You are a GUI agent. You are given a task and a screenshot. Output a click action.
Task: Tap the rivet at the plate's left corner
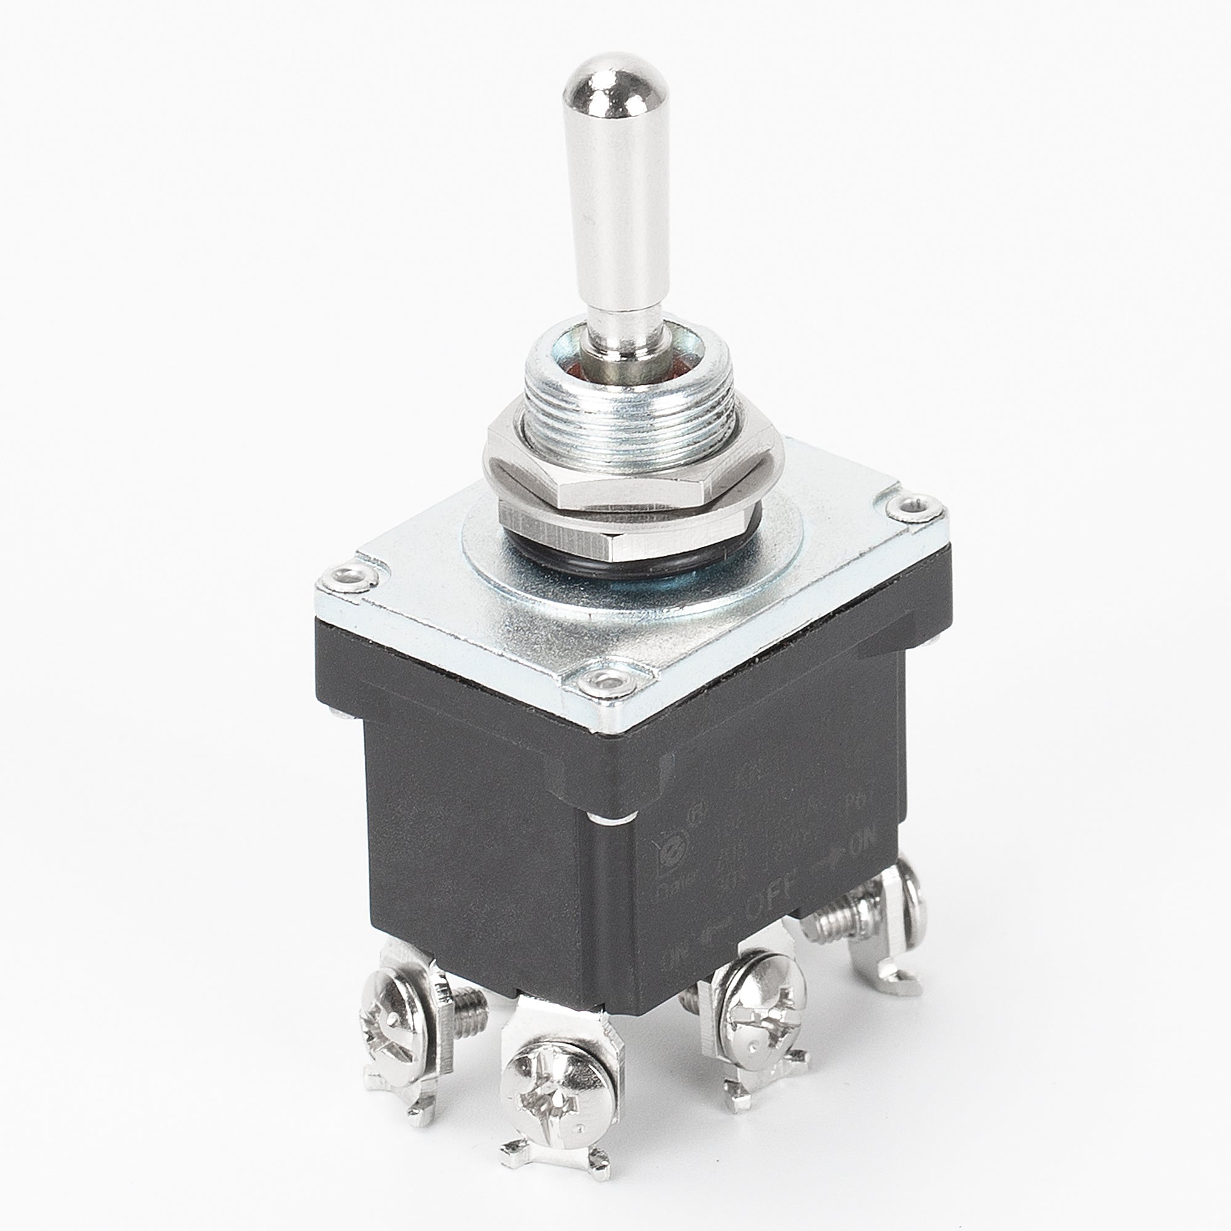pyautogui.click(x=348, y=577)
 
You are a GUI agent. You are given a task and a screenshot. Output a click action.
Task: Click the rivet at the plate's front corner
pyautogui.click(x=604, y=681)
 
